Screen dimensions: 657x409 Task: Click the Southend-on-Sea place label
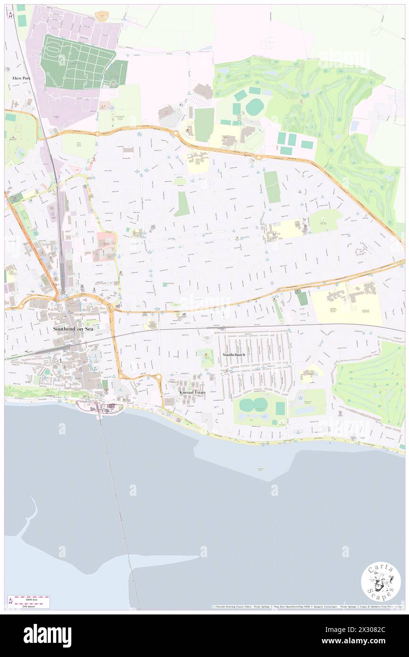(x=73, y=328)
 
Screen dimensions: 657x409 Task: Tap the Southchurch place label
(x=234, y=354)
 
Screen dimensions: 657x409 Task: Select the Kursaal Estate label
(x=192, y=392)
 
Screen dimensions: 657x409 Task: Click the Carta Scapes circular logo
(x=381, y=582)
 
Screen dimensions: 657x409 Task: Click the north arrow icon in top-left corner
(x=9, y=14)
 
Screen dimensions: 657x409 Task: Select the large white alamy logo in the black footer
(x=47, y=635)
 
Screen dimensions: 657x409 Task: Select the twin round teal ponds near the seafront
(x=254, y=405)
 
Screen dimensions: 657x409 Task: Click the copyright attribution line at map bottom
(x=307, y=606)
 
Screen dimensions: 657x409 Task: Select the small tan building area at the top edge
(x=102, y=16)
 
